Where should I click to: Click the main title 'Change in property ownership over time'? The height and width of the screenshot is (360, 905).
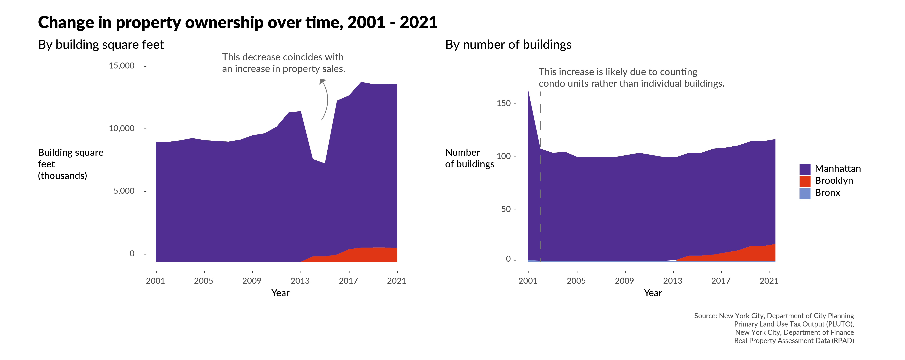point(237,23)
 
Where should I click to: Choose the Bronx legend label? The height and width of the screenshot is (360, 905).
point(827,193)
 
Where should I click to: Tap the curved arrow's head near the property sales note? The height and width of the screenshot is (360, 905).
point(323,81)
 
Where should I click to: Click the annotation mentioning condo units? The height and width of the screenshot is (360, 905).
point(631,78)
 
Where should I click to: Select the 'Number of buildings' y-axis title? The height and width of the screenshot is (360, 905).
point(469,158)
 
